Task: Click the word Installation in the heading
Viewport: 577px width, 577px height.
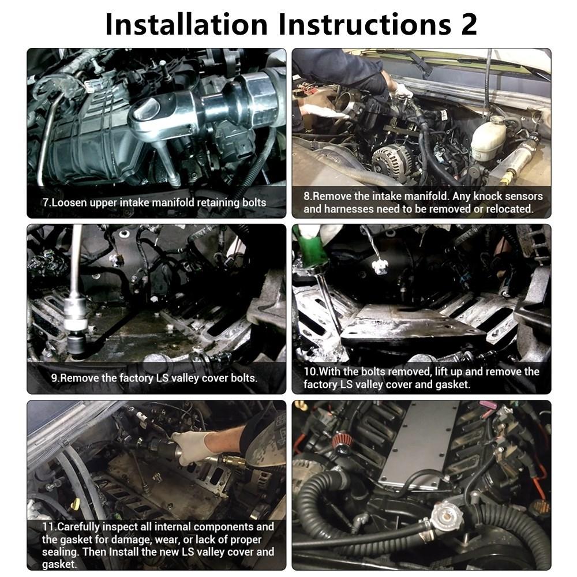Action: point(186,24)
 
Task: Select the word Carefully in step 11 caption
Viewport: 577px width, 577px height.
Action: point(78,527)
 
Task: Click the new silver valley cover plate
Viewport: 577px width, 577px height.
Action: point(419,445)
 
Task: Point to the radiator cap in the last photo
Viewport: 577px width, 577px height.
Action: point(445,514)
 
